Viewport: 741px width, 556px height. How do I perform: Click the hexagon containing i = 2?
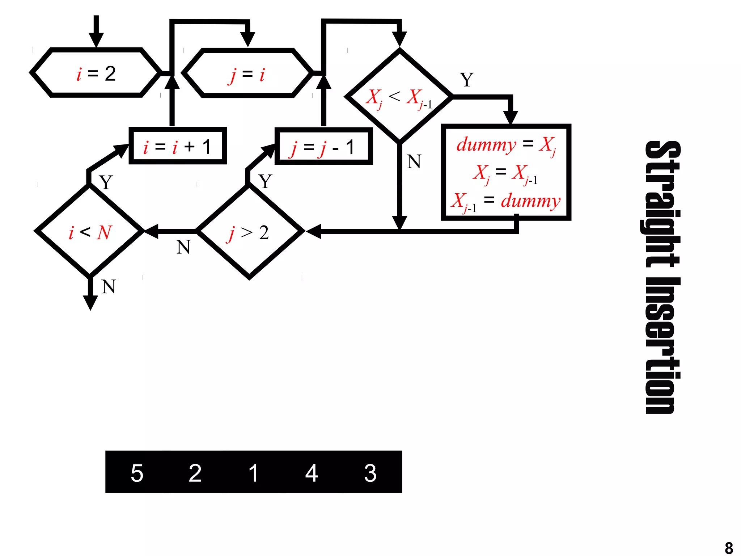[96, 73]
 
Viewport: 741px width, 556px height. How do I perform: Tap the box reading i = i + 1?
[178, 146]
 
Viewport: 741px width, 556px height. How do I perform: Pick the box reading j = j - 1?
[323, 146]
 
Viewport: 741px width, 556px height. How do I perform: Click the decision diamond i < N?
[90, 231]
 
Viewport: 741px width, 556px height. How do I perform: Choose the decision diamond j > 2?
[249, 232]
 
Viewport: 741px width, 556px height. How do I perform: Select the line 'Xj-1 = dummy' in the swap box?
[506, 201]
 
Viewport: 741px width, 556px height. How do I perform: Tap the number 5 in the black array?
[137, 473]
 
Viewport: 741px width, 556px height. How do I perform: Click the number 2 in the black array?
[195, 473]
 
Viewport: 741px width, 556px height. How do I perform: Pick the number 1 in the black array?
[254, 473]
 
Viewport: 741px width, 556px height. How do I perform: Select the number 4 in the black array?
[312, 473]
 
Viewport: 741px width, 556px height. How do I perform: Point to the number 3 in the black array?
[370, 473]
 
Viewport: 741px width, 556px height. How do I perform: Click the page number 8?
[729, 547]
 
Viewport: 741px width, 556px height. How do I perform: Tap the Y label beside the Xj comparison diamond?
[467, 80]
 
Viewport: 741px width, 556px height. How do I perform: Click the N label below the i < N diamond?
[109, 287]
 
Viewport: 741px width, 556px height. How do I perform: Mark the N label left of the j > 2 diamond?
[183, 247]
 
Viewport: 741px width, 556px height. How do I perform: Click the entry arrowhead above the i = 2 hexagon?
[96, 39]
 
